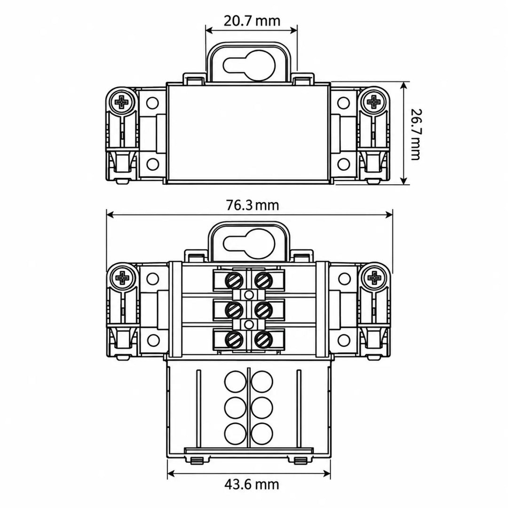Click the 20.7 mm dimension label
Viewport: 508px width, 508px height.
pos(252,21)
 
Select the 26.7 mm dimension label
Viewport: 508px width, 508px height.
pos(415,134)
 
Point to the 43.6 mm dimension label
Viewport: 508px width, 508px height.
pos(252,484)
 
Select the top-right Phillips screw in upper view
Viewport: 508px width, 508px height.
pos(374,102)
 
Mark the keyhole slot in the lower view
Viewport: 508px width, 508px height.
pos(249,244)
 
